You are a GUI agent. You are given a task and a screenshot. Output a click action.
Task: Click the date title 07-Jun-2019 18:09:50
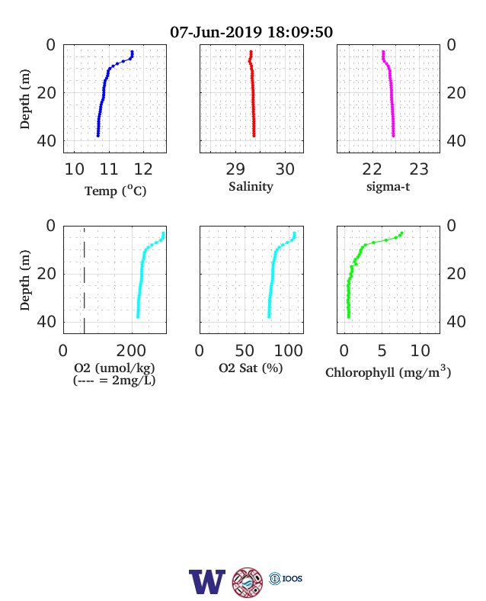[x=251, y=32]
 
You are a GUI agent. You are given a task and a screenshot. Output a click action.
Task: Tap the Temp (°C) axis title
[x=115, y=191]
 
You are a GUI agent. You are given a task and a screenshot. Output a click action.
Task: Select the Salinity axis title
[x=251, y=187]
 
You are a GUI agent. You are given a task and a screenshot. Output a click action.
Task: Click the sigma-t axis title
[x=388, y=187]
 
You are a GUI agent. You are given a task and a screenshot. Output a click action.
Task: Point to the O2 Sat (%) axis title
[x=251, y=368]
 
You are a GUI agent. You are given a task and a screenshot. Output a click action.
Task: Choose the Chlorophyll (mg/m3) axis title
[x=388, y=371]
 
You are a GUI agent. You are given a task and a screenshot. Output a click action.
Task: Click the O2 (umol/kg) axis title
[x=114, y=368]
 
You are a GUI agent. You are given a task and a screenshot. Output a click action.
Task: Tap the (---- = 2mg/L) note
[x=114, y=381]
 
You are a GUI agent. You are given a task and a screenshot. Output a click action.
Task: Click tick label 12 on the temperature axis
[x=143, y=169]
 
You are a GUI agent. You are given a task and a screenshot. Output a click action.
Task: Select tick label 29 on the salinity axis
[x=235, y=169]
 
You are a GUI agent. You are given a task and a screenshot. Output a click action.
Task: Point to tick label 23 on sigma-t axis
[x=419, y=169]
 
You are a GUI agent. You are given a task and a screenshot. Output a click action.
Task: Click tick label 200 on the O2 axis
[x=131, y=350]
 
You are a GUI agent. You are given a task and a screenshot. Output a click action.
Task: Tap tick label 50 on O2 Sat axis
[x=245, y=350]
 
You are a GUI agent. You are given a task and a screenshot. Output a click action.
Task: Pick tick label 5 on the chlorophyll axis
[x=382, y=350]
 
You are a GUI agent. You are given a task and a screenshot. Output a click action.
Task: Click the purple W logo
[x=207, y=582]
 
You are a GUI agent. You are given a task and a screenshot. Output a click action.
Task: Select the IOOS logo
[x=286, y=578]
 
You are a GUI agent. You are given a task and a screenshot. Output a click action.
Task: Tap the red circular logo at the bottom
[x=248, y=582]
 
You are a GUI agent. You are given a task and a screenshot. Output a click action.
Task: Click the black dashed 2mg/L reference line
[x=85, y=280]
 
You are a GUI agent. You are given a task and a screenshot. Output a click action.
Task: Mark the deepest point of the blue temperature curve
[x=98, y=135]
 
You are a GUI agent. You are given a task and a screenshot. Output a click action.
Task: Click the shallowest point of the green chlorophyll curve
[x=401, y=233]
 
